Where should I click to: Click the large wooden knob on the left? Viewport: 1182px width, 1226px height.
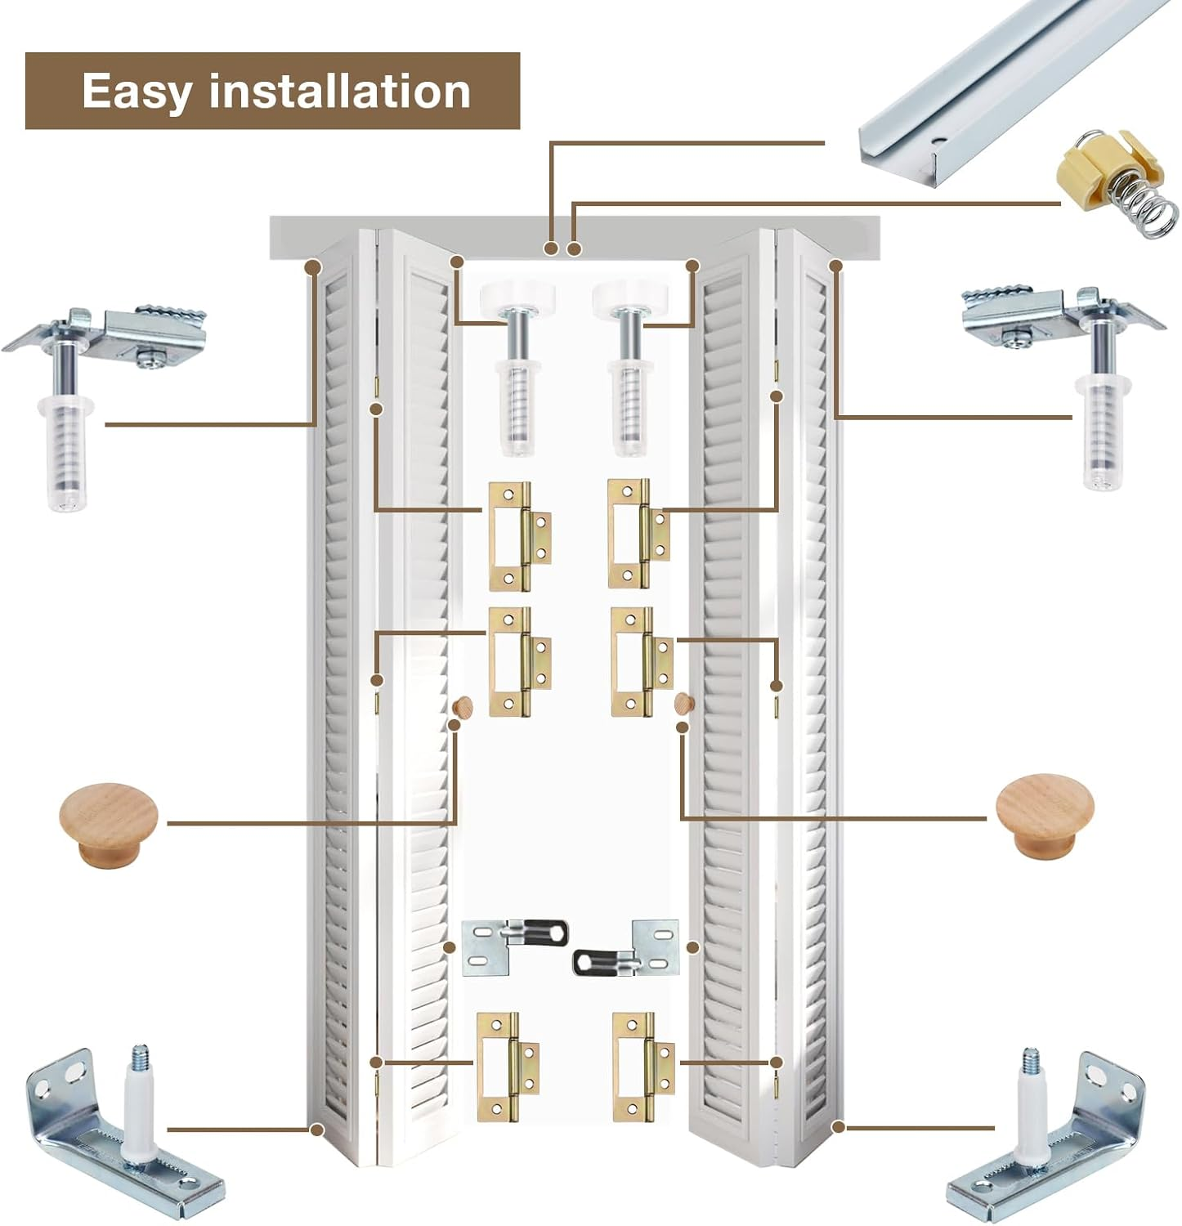(x=108, y=823)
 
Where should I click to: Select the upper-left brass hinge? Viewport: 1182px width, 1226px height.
(x=517, y=535)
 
